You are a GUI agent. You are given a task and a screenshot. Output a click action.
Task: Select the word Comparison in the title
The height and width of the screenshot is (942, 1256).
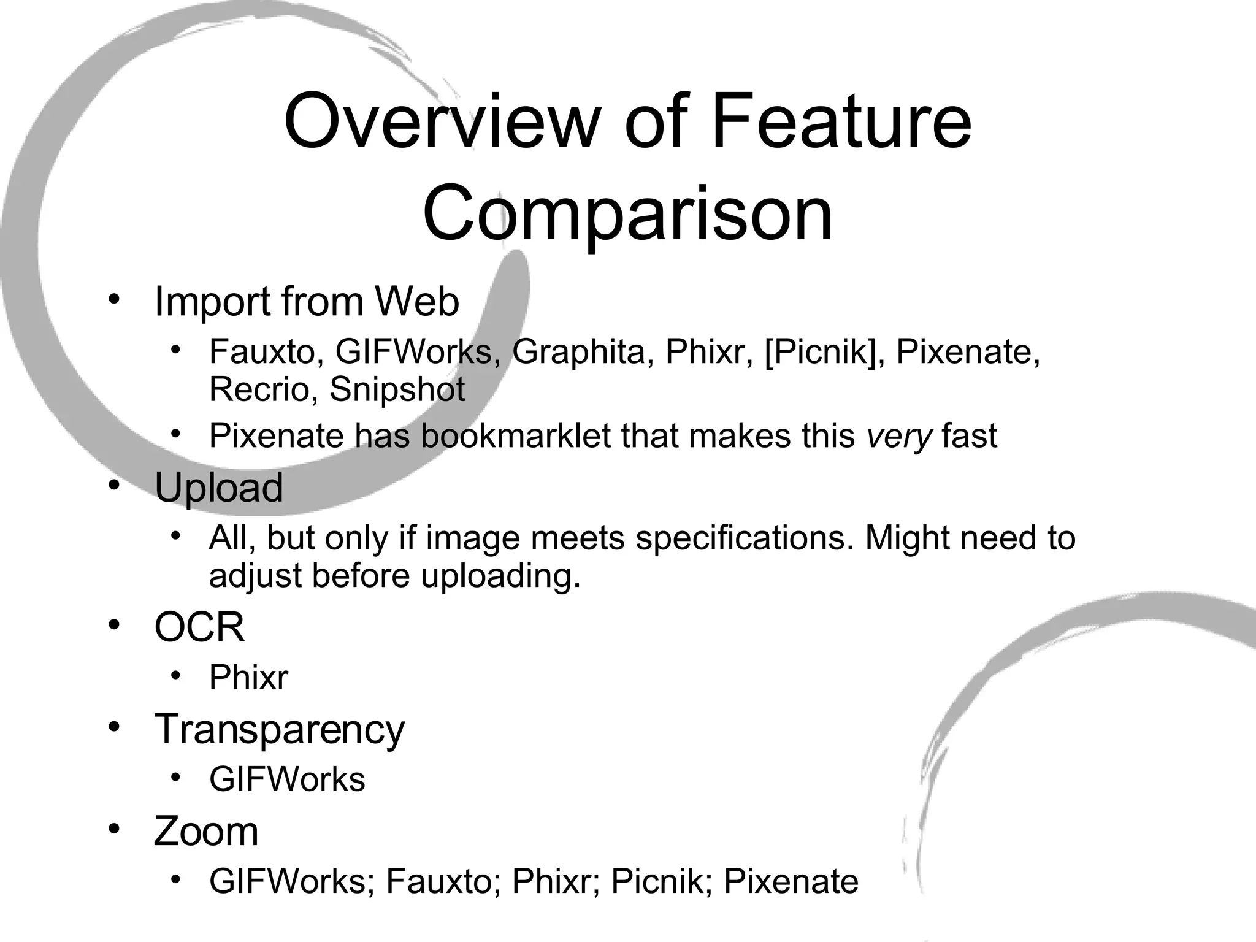(627, 213)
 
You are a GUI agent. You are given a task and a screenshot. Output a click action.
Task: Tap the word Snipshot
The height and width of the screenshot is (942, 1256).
(397, 389)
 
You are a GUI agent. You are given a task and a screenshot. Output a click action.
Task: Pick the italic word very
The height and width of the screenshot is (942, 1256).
(899, 435)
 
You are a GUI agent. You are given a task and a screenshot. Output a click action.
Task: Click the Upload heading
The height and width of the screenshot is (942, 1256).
(218, 488)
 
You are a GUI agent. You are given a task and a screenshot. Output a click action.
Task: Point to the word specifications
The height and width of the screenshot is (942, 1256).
(745, 538)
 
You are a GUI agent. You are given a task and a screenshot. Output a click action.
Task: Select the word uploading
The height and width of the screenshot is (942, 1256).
(500, 575)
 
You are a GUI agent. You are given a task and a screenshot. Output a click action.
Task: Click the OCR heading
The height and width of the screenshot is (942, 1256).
(199, 627)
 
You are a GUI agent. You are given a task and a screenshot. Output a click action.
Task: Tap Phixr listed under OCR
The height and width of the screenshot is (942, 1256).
(248, 678)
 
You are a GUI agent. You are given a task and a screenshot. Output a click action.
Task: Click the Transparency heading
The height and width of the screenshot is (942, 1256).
(279, 730)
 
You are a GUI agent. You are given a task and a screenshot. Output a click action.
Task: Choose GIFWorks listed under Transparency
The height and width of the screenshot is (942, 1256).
(287, 779)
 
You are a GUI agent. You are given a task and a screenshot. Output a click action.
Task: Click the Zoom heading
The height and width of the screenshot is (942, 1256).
(206, 832)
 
